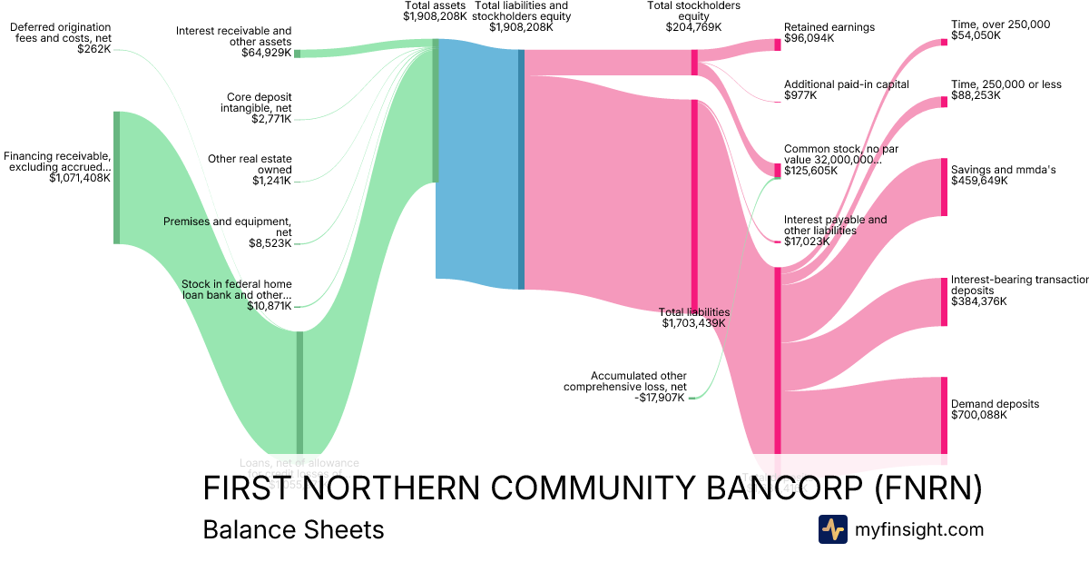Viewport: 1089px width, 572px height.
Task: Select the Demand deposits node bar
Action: point(944,415)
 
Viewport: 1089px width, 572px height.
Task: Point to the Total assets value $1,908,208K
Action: point(436,16)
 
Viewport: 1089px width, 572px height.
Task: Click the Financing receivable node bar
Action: point(116,178)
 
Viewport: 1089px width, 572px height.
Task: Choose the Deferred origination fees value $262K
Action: point(94,49)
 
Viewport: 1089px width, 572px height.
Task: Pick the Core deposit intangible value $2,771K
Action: point(271,119)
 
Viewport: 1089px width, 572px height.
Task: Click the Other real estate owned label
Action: point(250,164)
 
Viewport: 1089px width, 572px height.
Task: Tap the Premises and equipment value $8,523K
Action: point(270,243)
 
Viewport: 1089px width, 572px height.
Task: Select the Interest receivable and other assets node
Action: point(297,54)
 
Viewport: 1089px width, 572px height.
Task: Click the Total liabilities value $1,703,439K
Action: point(696,323)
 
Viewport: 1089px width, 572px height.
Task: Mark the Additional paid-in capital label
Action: point(846,84)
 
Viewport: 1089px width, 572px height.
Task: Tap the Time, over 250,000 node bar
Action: point(944,42)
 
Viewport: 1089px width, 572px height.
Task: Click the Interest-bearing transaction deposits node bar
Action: point(944,302)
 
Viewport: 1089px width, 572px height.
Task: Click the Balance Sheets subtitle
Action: point(293,529)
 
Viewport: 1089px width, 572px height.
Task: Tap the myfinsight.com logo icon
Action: point(832,529)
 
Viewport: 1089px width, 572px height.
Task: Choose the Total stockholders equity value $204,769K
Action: point(693,27)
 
